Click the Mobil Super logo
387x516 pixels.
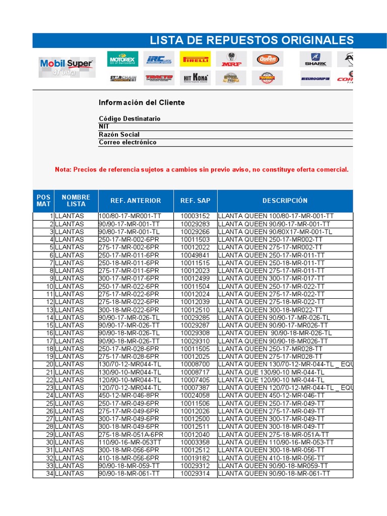click(x=67, y=66)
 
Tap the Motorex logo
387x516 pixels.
click(x=123, y=59)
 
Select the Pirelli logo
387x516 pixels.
click(x=196, y=59)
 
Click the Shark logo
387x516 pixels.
click(x=315, y=59)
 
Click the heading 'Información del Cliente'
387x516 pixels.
click(x=142, y=102)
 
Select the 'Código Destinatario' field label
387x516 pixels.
click(x=130, y=118)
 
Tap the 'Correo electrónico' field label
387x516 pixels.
click(x=127, y=142)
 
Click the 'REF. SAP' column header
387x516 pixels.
click(x=195, y=201)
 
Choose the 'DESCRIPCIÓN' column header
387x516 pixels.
click(x=285, y=201)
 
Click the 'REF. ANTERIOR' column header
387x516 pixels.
click(x=136, y=201)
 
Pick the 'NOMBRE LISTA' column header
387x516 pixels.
click(x=76, y=201)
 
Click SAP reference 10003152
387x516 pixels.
click(x=195, y=216)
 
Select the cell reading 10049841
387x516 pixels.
click(x=195, y=255)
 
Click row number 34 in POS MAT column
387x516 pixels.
click(x=49, y=474)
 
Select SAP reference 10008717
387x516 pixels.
click(x=195, y=372)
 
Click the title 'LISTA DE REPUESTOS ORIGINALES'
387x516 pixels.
click(x=251, y=41)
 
